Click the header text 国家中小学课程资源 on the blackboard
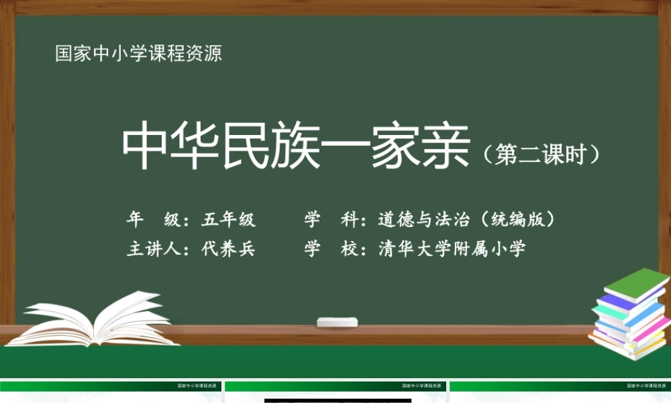tap(138, 54)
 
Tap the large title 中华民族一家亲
tap(295, 147)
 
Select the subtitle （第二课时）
tap(540, 154)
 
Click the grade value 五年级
tap(229, 219)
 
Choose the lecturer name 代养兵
tap(229, 249)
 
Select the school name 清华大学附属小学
tap(452, 249)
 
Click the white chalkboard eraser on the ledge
tap(338, 322)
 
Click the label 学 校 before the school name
tap(329, 249)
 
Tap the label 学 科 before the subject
tap(329, 219)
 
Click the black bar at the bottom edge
tap(338, 400)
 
